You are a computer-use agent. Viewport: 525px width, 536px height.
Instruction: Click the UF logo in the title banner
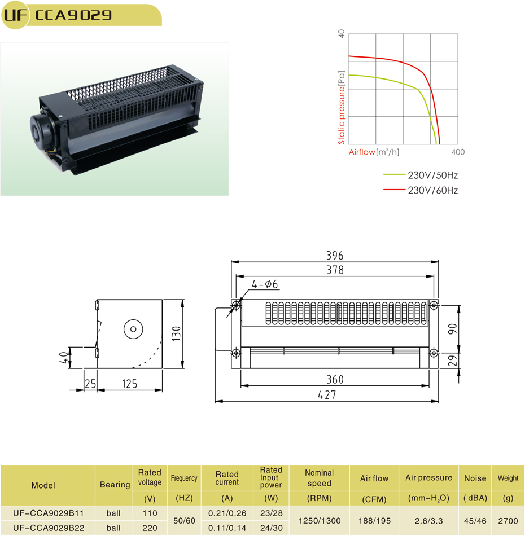(15, 15)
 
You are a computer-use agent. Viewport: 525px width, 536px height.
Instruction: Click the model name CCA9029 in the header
(73, 15)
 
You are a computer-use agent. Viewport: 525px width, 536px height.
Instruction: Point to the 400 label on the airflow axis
(458, 152)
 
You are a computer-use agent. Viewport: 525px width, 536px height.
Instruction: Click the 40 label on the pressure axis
(341, 34)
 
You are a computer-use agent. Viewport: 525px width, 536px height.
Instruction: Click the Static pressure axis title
(342, 107)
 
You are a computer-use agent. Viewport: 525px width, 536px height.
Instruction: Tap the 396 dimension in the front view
(334, 256)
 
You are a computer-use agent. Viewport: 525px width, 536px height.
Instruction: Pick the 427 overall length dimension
(327, 395)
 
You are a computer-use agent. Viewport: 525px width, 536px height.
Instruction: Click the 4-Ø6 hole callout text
(265, 285)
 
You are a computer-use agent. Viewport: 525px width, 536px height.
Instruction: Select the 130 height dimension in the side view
(176, 333)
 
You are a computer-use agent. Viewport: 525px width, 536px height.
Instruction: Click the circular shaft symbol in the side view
(134, 329)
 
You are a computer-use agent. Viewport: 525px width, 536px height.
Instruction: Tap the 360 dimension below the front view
(334, 379)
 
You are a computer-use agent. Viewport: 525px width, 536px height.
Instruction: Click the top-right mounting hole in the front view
(434, 305)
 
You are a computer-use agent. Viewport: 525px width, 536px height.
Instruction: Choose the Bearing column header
(115, 485)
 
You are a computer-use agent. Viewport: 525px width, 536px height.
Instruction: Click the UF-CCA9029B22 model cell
(48, 528)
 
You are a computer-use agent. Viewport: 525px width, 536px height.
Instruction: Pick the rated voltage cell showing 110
(150, 514)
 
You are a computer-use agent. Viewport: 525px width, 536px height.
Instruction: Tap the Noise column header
(475, 478)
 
